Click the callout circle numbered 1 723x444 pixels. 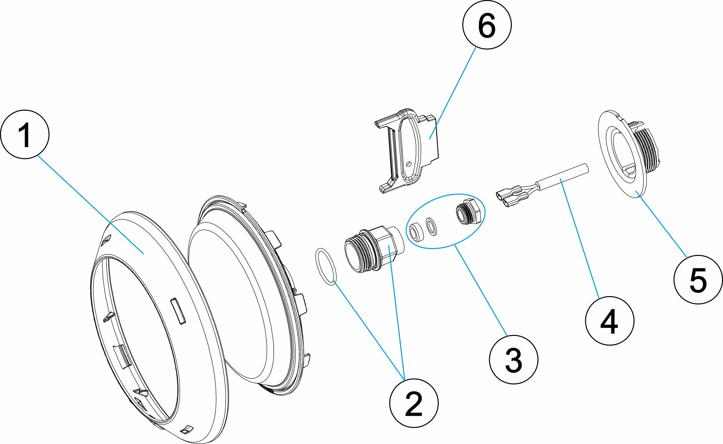(25, 135)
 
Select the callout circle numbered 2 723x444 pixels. (414, 403)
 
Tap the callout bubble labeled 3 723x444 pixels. (513, 359)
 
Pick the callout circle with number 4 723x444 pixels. (609, 321)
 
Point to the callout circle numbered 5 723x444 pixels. (698, 279)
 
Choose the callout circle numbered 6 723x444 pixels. (487, 25)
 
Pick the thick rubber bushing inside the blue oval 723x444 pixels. (415, 231)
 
